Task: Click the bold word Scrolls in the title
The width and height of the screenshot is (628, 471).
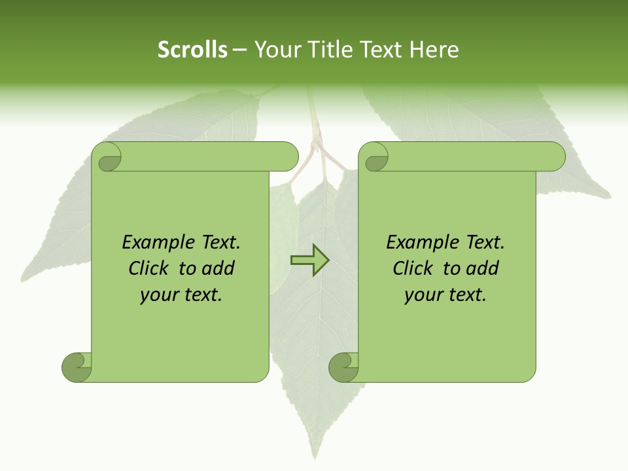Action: coord(192,50)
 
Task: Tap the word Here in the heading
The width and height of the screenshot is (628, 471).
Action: coord(434,50)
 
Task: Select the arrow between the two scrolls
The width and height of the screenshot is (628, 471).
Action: coord(309,260)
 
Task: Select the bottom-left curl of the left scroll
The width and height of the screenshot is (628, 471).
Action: coord(77,367)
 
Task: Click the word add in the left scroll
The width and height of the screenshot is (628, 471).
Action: coord(218,268)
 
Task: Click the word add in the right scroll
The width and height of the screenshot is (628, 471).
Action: coord(482,268)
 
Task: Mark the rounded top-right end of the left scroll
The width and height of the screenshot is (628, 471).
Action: coord(288,156)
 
